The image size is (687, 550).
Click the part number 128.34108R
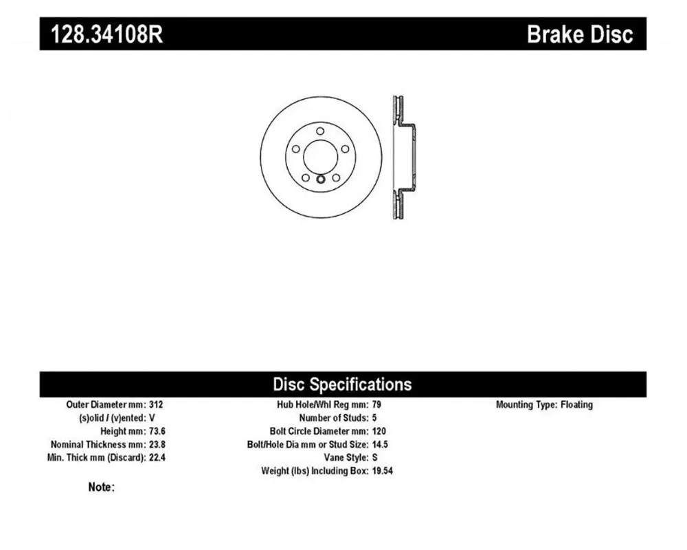pyautogui.click(x=107, y=34)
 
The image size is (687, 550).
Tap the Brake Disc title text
pyautogui.click(x=580, y=34)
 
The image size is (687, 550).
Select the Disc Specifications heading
pyautogui.click(x=342, y=384)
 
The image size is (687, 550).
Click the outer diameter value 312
pyautogui.click(x=156, y=404)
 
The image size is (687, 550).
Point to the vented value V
pyautogui.click(x=152, y=418)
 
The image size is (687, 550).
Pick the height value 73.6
pyautogui.click(x=157, y=431)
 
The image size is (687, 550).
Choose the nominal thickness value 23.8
pyautogui.click(x=157, y=444)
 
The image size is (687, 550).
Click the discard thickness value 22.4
pyautogui.click(x=157, y=457)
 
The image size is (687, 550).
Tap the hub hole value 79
pyautogui.click(x=376, y=404)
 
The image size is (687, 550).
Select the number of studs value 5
pyautogui.click(x=374, y=418)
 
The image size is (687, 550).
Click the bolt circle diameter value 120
pyautogui.click(x=379, y=431)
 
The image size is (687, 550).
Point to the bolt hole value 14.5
pyautogui.click(x=380, y=444)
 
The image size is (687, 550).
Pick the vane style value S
pyautogui.click(x=374, y=457)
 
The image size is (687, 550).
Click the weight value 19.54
pyautogui.click(x=383, y=471)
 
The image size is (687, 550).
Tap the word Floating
pyautogui.click(x=576, y=405)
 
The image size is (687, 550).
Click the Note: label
pyautogui.click(x=101, y=487)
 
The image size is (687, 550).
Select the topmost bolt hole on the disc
pyautogui.click(x=320, y=131)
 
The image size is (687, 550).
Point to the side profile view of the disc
pyautogui.click(x=403, y=157)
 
